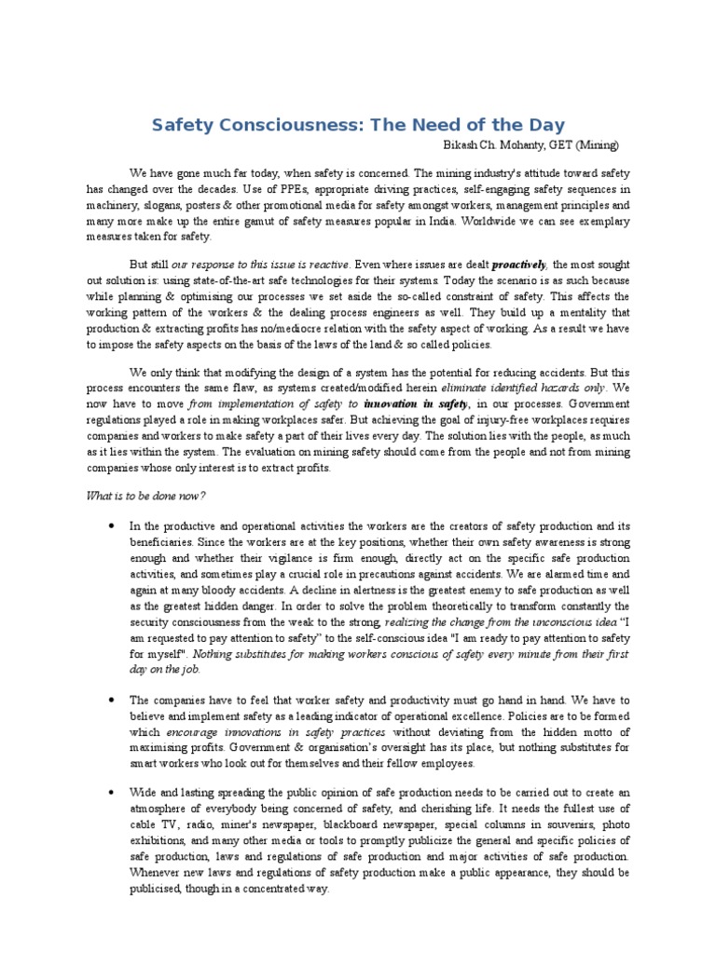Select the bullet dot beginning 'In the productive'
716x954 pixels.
[111, 525]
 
